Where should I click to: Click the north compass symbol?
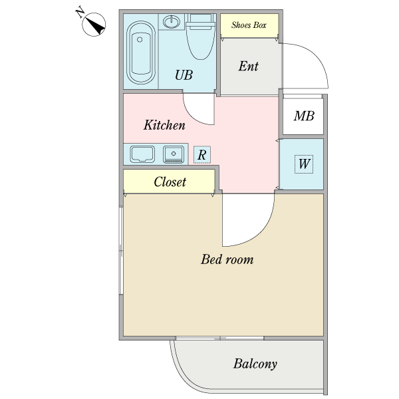click(x=94, y=25)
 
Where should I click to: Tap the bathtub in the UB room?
click(x=141, y=53)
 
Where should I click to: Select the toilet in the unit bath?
click(x=201, y=37)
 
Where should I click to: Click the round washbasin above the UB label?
click(x=172, y=21)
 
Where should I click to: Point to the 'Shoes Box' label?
click(x=249, y=25)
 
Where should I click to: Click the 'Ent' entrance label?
click(x=248, y=66)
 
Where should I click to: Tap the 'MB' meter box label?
click(x=304, y=116)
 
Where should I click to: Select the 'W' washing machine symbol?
click(x=304, y=164)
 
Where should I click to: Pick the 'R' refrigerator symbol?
click(x=202, y=155)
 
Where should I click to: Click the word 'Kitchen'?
click(x=164, y=125)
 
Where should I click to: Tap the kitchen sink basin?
click(x=142, y=154)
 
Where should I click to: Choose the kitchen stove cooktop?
click(x=174, y=154)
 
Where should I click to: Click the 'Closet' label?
click(x=170, y=182)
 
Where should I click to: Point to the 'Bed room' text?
click(x=227, y=259)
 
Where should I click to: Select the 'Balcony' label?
click(x=255, y=364)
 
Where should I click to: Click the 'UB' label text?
click(x=184, y=74)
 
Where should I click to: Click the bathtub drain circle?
click(x=140, y=39)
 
